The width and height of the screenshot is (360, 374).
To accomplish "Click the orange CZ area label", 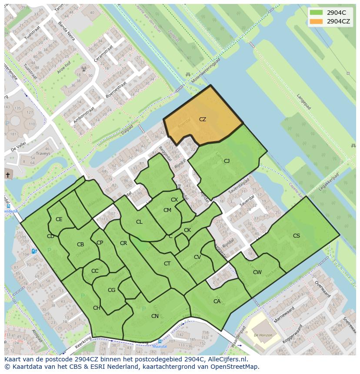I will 203,119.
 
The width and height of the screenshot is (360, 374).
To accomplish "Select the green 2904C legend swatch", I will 317,13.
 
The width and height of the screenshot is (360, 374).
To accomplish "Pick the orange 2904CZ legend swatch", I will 317,21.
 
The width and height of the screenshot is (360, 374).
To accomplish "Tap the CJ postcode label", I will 227,161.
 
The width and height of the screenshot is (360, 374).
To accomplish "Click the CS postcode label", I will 297,236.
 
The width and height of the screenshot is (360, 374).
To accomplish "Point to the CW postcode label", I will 257,272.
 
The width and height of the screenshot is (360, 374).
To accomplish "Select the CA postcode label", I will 217,301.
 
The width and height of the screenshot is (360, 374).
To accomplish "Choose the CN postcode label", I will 155,316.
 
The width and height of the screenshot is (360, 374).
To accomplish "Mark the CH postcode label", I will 97,308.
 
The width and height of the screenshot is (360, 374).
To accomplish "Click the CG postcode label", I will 111,290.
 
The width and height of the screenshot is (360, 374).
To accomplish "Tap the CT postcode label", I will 167,264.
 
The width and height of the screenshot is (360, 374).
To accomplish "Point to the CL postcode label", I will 139,222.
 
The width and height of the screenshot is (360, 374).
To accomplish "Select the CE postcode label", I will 59,219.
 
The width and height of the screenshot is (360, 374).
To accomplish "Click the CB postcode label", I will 80,245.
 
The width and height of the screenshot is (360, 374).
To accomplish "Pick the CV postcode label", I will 197,257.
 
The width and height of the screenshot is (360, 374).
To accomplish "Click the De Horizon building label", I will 263,335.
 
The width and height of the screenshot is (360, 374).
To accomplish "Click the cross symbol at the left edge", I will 7,175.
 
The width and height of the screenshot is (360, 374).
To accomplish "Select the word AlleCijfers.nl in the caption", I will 226,359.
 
